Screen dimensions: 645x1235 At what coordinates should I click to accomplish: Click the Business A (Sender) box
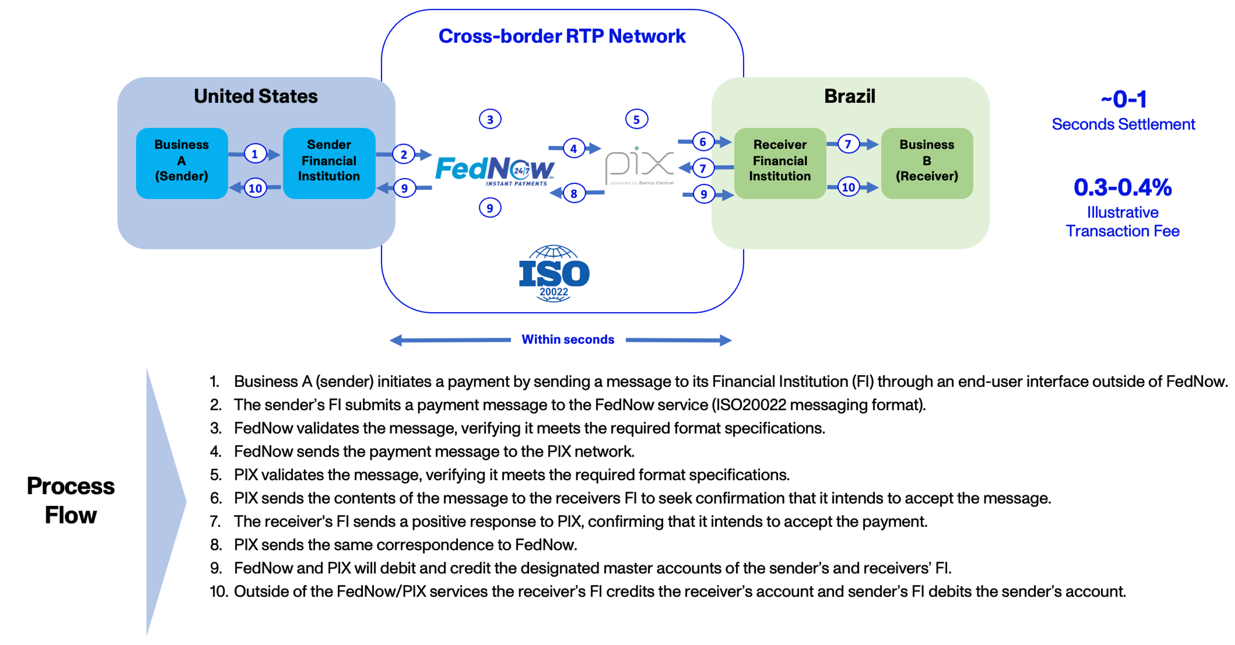coord(182,163)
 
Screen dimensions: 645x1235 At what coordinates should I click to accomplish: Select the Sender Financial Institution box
coord(329,163)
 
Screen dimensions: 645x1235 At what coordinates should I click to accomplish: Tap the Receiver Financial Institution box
coord(780,163)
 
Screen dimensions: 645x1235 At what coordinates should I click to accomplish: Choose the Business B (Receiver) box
coord(927,163)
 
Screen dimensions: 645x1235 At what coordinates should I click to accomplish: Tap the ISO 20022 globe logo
coord(554,274)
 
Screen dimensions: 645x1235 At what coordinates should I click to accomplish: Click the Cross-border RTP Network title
coord(562,36)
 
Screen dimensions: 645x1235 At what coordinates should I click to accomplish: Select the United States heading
coord(256,97)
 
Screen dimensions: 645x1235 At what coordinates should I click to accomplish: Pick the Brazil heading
coord(849,97)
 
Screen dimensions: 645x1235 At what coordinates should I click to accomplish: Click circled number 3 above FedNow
coord(490,119)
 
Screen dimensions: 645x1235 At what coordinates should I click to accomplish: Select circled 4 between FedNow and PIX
coord(573,149)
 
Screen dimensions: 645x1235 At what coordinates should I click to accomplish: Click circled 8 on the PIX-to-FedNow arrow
coord(574,194)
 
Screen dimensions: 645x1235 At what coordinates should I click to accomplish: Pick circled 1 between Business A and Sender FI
coord(255,154)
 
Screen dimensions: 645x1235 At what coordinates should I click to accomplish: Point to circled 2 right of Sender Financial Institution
coord(404,154)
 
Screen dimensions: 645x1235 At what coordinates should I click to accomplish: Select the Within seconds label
coord(568,339)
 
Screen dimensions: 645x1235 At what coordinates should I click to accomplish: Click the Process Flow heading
coord(71,500)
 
